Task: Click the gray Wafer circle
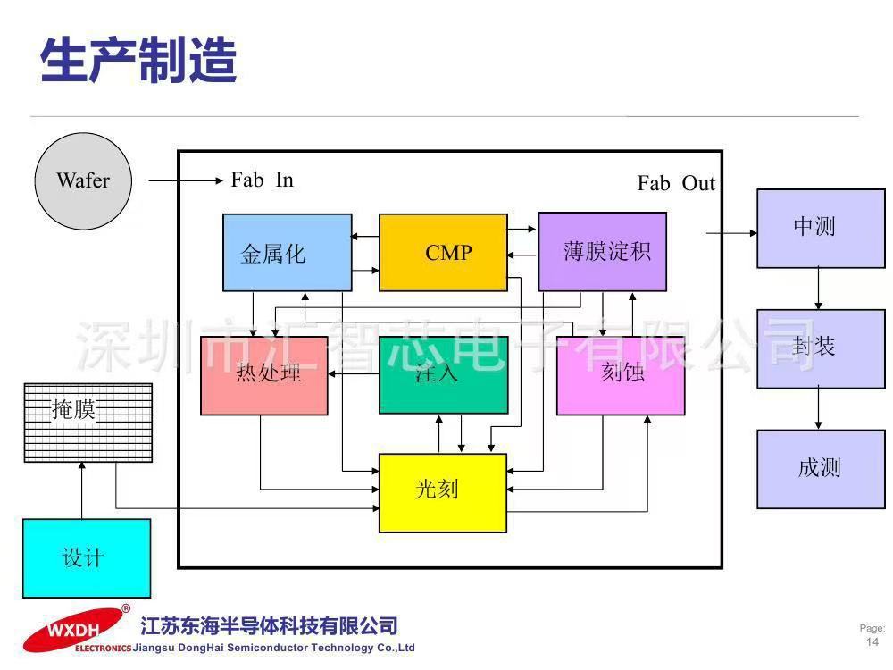pos(83,181)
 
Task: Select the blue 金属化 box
pos(287,253)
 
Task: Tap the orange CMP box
pos(443,253)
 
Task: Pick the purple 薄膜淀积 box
pos(603,251)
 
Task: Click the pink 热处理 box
pos(264,375)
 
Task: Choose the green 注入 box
pos(444,375)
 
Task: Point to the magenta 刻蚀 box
pos(621,375)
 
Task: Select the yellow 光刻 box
pos(443,493)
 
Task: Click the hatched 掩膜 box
pos(88,423)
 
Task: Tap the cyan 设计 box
pos(87,558)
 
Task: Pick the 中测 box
pos(821,229)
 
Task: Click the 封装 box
pos(821,349)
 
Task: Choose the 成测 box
pos(821,470)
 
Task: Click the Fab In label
pos(262,180)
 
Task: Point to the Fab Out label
pos(676,183)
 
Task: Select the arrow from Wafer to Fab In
pos(186,180)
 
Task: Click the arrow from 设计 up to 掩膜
pos(82,490)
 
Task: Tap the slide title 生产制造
pos(138,60)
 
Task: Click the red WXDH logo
pos(72,630)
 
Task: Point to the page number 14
pos(872,642)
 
